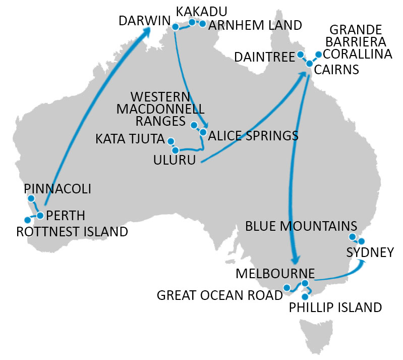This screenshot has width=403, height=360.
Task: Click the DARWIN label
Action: pyautogui.click(x=143, y=21)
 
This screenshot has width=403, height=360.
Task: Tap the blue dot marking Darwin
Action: pyautogui.click(x=175, y=27)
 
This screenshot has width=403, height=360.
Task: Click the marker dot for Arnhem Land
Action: pyautogui.click(x=203, y=24)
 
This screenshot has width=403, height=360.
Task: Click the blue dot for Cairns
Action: pyautogui.click(x=310, y=64)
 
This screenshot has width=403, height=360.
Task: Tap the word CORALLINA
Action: pyautogui.click(x=357, y=54)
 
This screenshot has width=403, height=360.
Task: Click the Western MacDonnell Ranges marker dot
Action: pyautogui.click(x=194, y=125)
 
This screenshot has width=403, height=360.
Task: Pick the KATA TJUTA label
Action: pyautogui.click(x=130, y=139)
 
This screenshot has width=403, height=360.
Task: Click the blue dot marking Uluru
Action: pyautogui.click(x=175, y=150)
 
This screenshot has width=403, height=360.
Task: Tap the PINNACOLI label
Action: pyautogui.click(x=57, y=189)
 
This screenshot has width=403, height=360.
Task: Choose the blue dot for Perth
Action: pyautogui.click(x=40, y=216)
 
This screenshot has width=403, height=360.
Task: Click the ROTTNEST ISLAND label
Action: pyautogui.click(x=72, y=232)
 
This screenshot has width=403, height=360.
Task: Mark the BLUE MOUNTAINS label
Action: pyautogui.click(x=301, y=226)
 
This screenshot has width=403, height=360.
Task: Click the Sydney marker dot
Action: pyautogui.click(x=361, y=241)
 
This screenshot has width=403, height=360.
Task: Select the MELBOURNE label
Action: pyautogui.click(x=275, y=273)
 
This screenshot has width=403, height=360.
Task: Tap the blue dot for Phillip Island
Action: pyautogui.click(x=304, y=297)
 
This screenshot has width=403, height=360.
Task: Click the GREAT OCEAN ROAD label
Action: pyautogui.click(x=219, y=295)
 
